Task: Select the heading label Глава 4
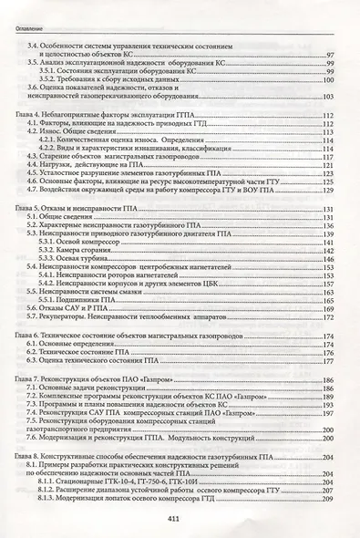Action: click(27, 115)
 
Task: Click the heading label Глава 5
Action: click(27, 209)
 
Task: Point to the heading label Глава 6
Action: click(27, 336)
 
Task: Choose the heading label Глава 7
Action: click(27, 378)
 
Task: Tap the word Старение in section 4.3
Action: click(63, 157)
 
